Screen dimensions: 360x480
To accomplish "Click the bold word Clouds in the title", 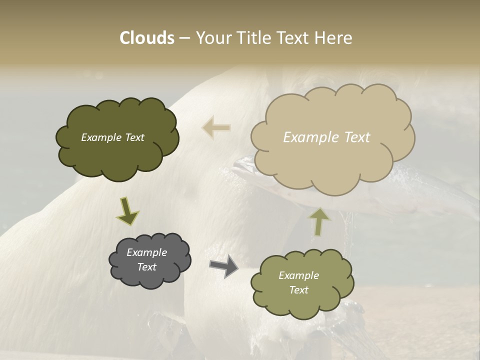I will (x=146, y=38).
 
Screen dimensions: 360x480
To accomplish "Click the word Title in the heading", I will (x=251, y=38).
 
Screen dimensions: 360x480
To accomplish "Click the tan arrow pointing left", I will (x=216, y=127).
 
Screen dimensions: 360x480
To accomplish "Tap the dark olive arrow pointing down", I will (x=127, y=210).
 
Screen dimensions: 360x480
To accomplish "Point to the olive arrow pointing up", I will (x=320, y=221).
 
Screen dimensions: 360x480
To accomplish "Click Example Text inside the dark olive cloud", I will (x=112, y=137).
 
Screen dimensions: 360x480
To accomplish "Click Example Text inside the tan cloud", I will (x=326, y=137).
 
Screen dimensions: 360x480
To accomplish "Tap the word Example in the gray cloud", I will (x=146, y=252).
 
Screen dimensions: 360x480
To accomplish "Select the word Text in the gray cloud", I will (x=146, y=267).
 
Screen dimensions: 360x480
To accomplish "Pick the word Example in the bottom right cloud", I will (x=298, y=275).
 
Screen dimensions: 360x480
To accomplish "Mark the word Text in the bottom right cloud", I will (x=298, y=290).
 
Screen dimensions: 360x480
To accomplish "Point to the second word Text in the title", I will (x=295, y=38).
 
